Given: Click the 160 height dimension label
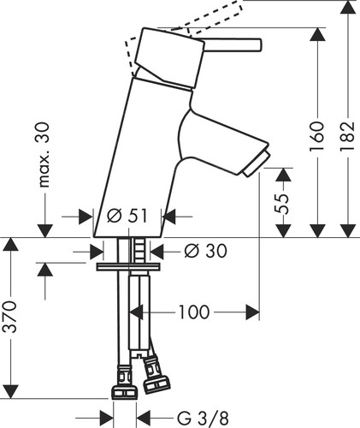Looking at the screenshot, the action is pyautogui.click(x=317, y=136).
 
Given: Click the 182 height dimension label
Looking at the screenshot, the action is pyautogui.click(x=347, y=136).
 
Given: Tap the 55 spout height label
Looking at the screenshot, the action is pyautogui.click(x=281, y=204).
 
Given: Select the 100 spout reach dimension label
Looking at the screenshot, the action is pyautogui.click(x=194, y=312).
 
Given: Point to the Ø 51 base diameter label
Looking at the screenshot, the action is pyautogui.click(x=127, y=216).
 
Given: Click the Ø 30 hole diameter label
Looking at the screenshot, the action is pyautogui.click(x=205, y=251).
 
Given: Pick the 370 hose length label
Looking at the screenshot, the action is pyautogui.click(x=9, y=317).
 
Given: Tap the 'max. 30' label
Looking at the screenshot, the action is pyautogui.click(x=44, y=155).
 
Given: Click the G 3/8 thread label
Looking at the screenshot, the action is pyautogui.click(x=203, y=419).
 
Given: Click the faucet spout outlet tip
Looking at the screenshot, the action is pyautogui.click(x=256, y=163).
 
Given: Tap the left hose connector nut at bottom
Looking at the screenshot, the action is pyautogui.click(x=124, y=392).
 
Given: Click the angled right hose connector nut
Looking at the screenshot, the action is pyautogui.click(x=156, y=383).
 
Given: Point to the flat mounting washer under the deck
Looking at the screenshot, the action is pyautogui.click(x=127, y=267).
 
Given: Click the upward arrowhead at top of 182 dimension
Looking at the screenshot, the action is pyautogui.click(x=348, y=7).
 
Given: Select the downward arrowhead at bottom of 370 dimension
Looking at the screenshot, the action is pyautogui.click(x=10, y=392).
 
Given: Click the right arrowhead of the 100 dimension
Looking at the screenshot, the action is pyautogui.click(x=252, y=312).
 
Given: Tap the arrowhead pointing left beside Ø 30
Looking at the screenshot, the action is pyautogui.click(x=157, y=251).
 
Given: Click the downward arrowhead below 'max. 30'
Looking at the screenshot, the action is pyautogui.click(x=44, y=230).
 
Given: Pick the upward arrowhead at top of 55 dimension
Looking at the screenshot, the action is pyautogui.click(x=283, y=175).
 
